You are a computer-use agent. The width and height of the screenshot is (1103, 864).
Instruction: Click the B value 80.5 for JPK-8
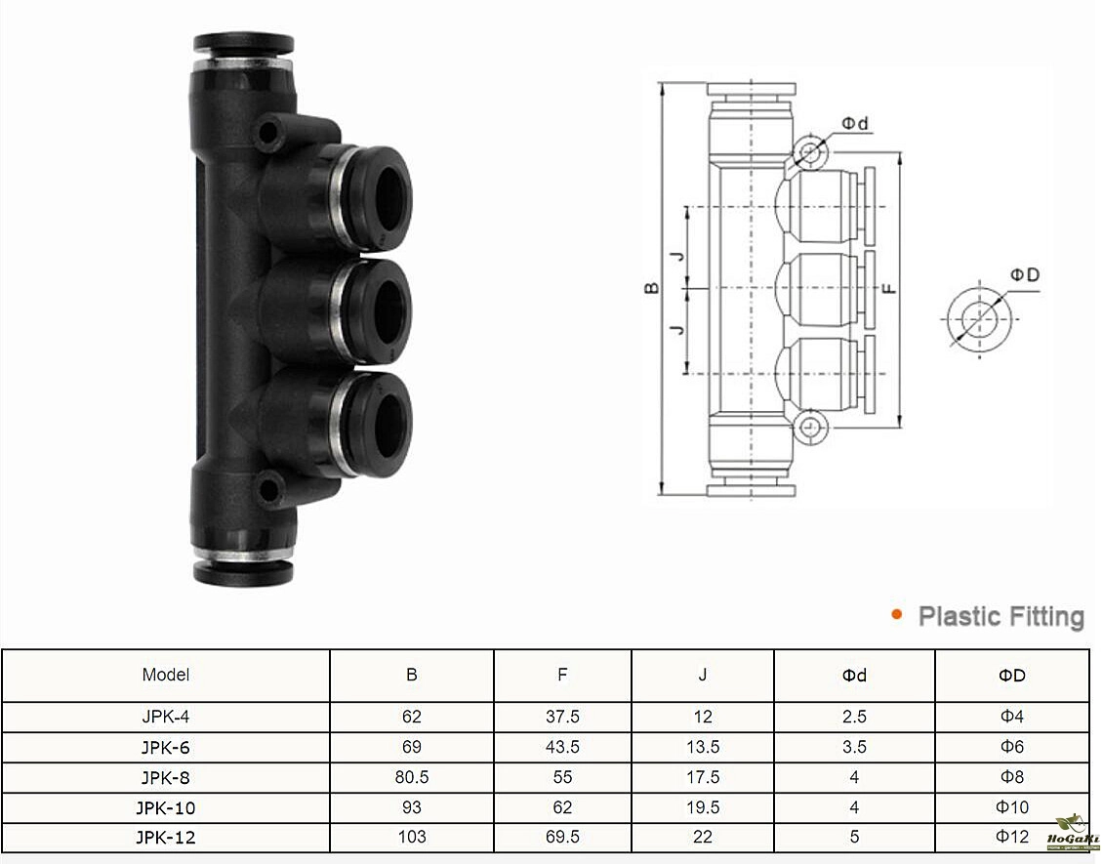[x=412, y=777]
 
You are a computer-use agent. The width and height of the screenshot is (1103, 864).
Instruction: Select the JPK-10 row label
[x=165, y=807]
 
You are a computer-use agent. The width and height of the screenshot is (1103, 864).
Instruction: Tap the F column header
[x=562, y=675]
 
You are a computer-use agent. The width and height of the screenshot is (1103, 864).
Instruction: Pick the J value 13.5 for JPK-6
[x=703, y=747]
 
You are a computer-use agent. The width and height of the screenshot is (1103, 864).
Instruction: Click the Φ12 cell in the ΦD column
[x=1012, y=837]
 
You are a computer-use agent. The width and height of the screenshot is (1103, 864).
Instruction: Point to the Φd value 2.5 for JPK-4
[x=854, y=717]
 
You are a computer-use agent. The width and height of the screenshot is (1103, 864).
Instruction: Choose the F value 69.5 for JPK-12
[x=562, y=837]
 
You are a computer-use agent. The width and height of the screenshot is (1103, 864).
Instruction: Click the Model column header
[x=165, y=675]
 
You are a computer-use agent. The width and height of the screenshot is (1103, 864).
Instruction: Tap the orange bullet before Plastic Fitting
[x=896, y=615]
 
